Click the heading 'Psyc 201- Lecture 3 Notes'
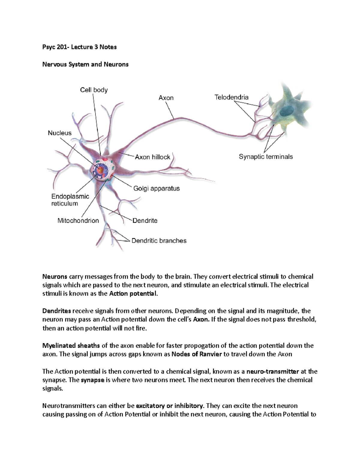coord(79,47)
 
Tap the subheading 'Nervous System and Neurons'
coord(85,65)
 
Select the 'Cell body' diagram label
coord(94,90)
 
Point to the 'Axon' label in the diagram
coord(166,98)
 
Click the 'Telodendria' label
coord(231,97)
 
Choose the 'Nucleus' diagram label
coord(60,133)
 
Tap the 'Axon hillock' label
coord(152,157)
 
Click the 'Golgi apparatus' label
coord(156,188)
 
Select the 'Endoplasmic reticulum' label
coord(70,200)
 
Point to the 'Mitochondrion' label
coord(78,221)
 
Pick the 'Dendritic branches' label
coord(159,241)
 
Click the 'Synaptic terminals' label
coord(265,157)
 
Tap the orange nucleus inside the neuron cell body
coord(100,171)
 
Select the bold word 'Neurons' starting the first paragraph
coord(55,277)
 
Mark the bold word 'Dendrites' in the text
coord(57,311)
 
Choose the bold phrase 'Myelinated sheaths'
coord(71,346)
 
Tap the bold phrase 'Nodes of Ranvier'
coord(196,354)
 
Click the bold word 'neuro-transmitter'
coord(272,371)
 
